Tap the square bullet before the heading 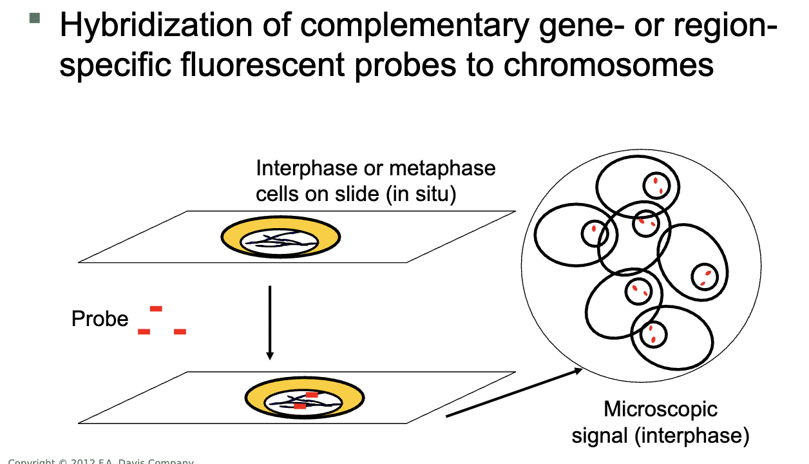coord(35,17)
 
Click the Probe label coord(100,319)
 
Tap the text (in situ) coord(421,193)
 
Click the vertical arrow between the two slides coord(270,322)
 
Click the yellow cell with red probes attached coord(305,399)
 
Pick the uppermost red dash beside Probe coord(156,309)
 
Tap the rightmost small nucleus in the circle coord(704,276)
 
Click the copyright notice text coord(100,460)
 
